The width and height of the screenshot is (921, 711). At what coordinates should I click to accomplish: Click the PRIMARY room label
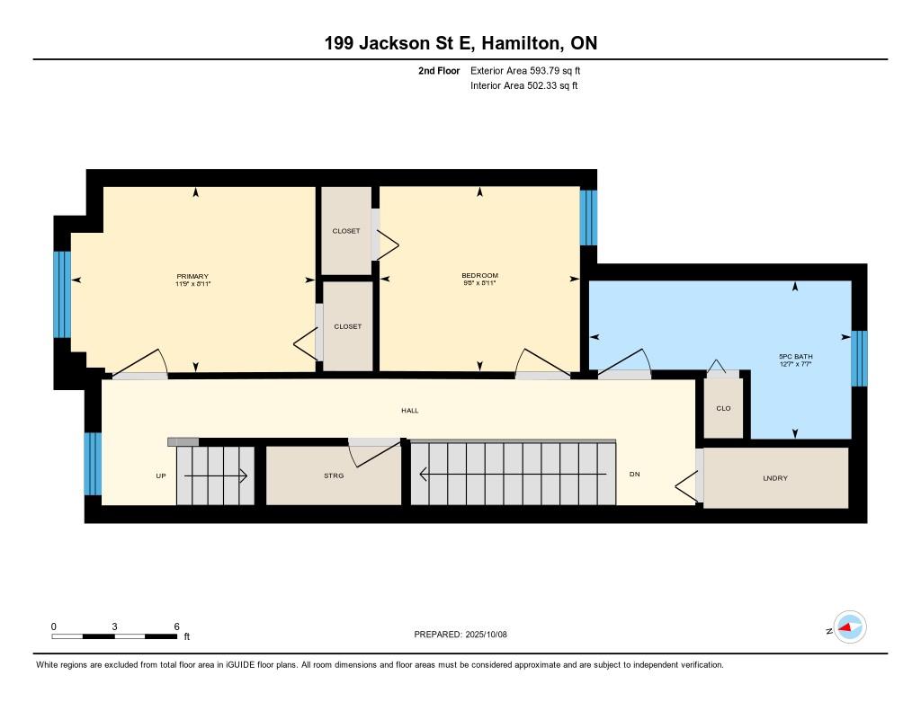[x=192, y=277]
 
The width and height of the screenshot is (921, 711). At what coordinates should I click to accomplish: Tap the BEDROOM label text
[x=480, y=275]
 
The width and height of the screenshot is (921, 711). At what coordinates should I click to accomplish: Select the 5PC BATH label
[x=796, y=356]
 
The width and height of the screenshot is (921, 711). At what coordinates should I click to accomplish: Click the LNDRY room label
[x=775, y=478]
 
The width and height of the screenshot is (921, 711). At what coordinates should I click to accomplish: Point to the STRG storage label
[x=334, y=475]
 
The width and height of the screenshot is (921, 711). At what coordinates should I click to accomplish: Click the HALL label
[x=410, y=411]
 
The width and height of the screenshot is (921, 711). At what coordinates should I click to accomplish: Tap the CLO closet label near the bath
[x=724, y=408]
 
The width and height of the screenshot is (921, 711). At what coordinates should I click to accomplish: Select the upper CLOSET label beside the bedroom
[x=346, y=231]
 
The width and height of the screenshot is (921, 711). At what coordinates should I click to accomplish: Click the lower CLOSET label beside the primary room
[x=348, y=326]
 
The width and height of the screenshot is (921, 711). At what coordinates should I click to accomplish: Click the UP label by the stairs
[x=161, y=476]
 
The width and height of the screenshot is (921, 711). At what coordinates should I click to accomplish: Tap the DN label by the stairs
[x=634, y=474]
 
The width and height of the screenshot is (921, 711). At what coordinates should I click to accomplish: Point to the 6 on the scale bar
[x=177, y=627]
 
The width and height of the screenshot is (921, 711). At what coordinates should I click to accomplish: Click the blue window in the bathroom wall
[x=859, y=358]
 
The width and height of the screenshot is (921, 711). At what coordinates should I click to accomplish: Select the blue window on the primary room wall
[x=62, y=295]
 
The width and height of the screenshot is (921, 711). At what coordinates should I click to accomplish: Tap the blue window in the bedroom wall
[x=588, y=218]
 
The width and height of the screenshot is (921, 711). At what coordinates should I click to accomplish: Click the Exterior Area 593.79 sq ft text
[x=525, y=70]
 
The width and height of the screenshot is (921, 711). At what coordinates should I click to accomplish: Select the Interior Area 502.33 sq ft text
[x=524, y=85]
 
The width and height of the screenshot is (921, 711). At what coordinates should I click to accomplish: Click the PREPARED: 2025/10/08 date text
[x=460, y=635]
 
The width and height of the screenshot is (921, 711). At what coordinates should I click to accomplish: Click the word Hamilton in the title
[x=520, y=43]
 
